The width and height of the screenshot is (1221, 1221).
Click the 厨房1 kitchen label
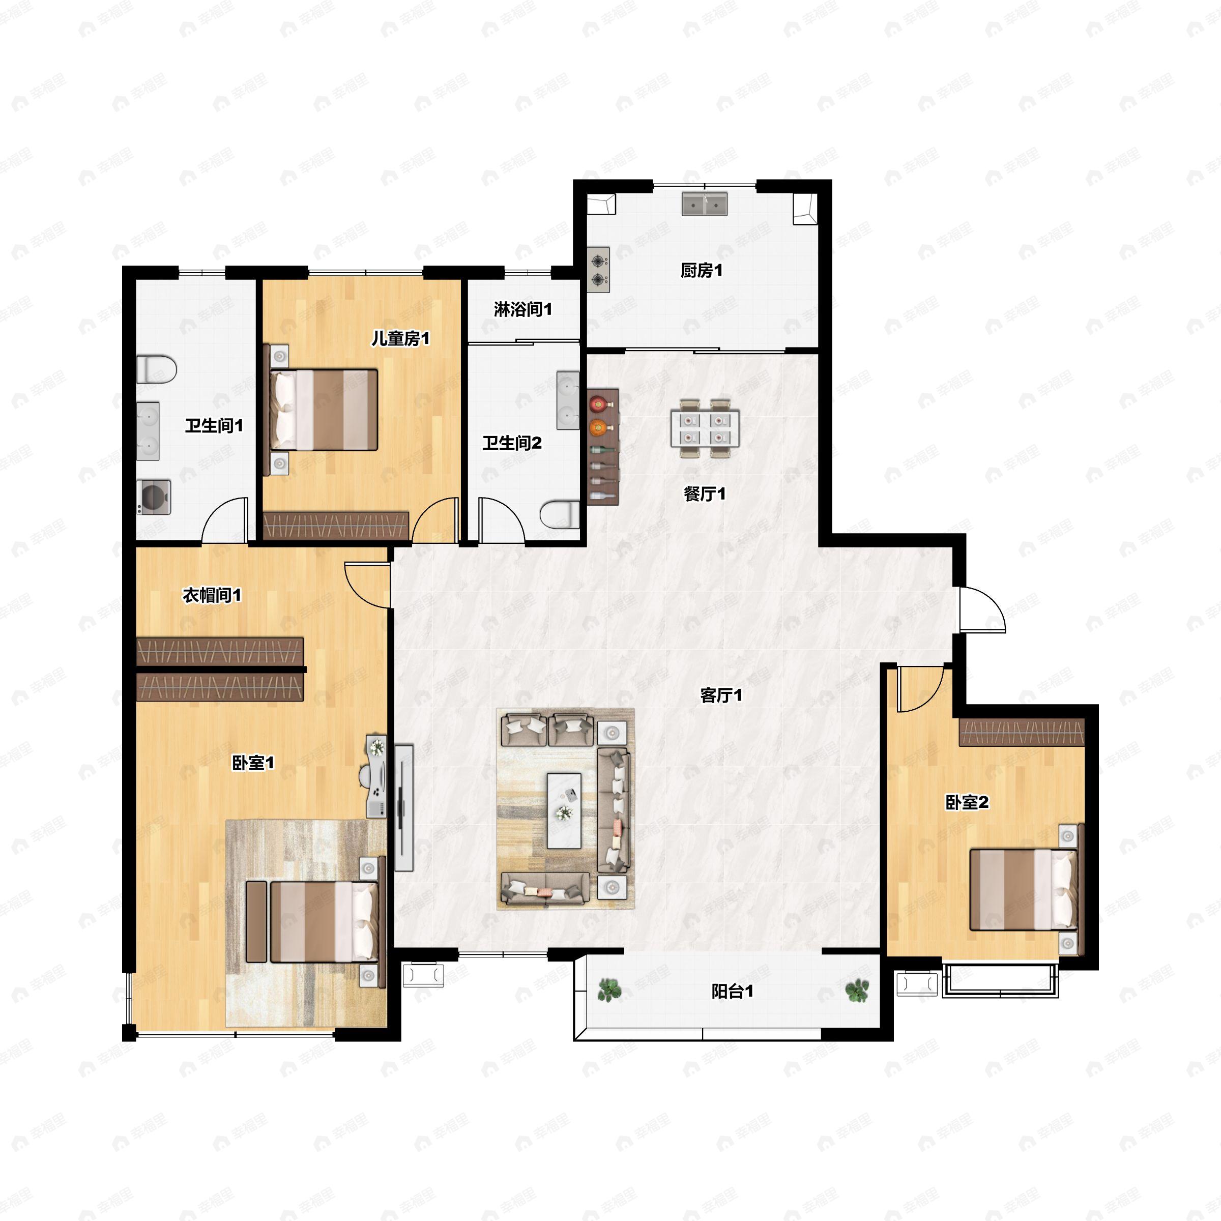(x=701, y=271)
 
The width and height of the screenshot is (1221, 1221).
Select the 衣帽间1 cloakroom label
(x=212, y=595)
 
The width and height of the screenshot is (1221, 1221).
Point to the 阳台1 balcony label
(x=732, y=991)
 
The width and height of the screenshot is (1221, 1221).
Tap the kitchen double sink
(x=705, y=204)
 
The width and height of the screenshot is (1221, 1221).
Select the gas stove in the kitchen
(x=598, y=269)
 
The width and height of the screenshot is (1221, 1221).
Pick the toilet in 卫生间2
(x=560, y=514)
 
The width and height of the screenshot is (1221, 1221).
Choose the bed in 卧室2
(x=1023, y=890)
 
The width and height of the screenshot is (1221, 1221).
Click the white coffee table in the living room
(x=564, y=810)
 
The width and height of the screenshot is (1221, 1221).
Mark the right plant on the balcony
(x=857, y=990)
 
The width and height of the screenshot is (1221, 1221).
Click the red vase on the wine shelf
(x=597, y=402)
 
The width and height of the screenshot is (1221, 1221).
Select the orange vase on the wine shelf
(x=597, y=428)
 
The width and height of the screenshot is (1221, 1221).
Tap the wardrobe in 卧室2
(x=1022, y=732)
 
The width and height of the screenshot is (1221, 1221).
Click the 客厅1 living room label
(x=720, y=695)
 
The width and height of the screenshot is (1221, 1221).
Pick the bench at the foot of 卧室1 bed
(x=256, y=921)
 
